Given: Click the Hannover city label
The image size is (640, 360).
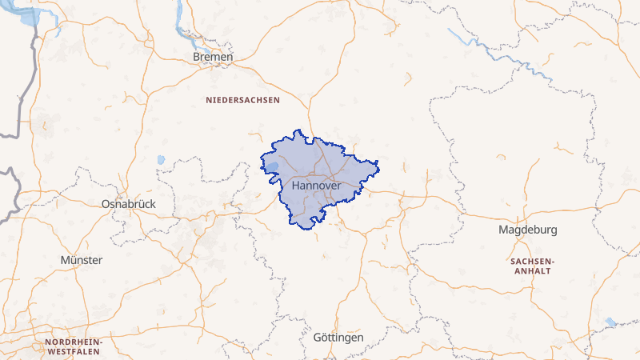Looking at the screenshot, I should click(317, 186).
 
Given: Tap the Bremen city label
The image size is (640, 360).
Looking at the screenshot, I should click(213, 58).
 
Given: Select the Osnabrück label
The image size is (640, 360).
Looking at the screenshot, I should click(129, 204).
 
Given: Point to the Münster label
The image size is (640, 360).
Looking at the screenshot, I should click(82, 260).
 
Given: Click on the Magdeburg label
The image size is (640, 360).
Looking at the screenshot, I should click(527, 230).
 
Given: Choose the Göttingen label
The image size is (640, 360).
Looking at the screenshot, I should click(338, 338).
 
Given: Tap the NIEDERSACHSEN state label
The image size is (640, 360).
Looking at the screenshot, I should click(242, 101).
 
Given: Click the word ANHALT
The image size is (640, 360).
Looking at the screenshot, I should click(531, 271).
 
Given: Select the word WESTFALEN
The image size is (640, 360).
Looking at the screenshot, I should click(73, 351).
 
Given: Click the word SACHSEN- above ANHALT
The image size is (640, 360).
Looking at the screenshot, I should click(531, 262).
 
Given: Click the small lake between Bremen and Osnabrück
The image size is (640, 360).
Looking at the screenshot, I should click(161, 159).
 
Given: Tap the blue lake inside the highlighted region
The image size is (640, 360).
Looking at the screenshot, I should click(272, 168).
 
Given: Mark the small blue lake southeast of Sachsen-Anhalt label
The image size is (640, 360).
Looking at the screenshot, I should click(611, 322).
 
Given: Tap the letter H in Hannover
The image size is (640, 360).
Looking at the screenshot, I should click(297, 186).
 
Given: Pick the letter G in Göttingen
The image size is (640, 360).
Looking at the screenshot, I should click(318, 338).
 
